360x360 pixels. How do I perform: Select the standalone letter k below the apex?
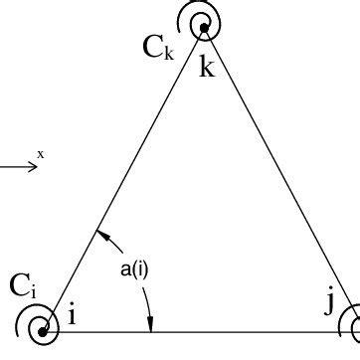pyautogui.click(x=207, y=68)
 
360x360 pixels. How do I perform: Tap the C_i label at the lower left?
pyautogui.click(x=24, y=286)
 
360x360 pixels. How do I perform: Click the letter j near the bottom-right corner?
pyautogui.click(x=329, y=303)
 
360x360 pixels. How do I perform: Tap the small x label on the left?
pyautogui.click(x=41, y=153)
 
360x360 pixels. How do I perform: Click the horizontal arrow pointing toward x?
pyautogui.click(x=18, y=166)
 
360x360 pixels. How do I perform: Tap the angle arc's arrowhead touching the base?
pyautogui.click(x=150, y=324)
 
